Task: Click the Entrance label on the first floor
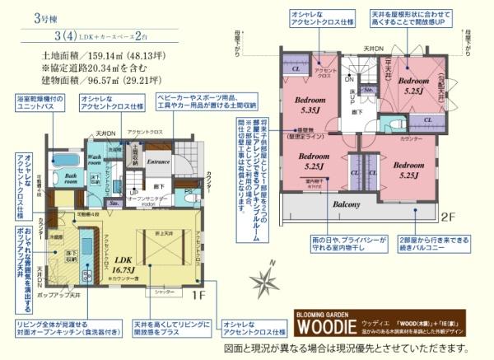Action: pos(158,161)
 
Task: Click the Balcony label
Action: pos(347,203)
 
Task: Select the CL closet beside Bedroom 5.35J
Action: pos(296,70)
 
